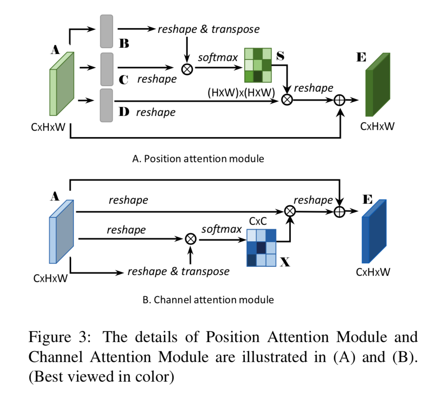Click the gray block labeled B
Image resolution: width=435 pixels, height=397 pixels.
tap(106, 31)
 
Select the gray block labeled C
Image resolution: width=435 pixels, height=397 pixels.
tap(107, 69)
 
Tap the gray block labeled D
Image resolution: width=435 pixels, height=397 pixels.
tap(106, 105)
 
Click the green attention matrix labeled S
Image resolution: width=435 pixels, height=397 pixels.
tap(258, 65)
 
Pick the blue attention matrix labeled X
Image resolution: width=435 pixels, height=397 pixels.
tap(261, 248)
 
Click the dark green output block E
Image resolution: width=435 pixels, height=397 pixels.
tap(378, 85)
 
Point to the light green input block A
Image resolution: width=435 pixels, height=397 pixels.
tap(61, 83)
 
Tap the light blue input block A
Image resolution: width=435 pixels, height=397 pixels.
tap(61, 232)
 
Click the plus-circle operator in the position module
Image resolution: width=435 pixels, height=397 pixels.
tap(339, 100)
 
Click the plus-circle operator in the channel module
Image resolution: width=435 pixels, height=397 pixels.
tap(339, 212)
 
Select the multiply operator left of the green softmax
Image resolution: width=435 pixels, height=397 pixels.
tap(187, 69)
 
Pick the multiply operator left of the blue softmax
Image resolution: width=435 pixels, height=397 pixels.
tap(191, 239)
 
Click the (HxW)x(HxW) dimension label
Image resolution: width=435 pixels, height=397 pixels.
tap(241, 92)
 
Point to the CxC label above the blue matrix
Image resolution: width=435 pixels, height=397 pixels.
tap(258, 221)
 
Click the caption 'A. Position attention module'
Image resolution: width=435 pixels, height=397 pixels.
tap(198, 159)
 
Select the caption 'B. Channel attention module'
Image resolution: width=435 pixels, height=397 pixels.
tap(208, 300)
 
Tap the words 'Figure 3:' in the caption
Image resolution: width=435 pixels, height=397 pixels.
tap(60, 337)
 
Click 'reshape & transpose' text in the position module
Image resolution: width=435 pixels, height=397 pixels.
tap(209, 29)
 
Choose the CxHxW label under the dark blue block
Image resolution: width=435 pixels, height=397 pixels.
tap(373, 272)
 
